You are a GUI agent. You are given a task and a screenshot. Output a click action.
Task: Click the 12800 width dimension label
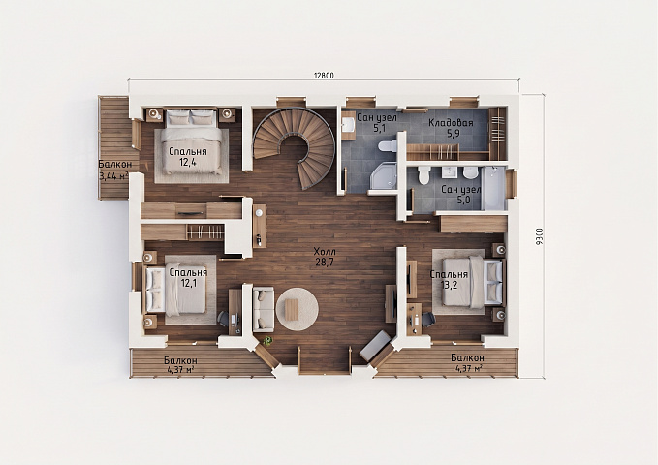[x=324, y=76]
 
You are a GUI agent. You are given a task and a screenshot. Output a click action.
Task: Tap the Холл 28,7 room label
[x=325, y=258]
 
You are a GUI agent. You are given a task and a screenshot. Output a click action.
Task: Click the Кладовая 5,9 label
[x=451, y=128]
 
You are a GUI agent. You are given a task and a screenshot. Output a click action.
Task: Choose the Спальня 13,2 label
[x=449, y=280]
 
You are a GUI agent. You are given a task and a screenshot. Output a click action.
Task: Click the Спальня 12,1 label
[x=188, y=277]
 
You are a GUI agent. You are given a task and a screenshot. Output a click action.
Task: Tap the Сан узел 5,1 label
[x=377, y=122]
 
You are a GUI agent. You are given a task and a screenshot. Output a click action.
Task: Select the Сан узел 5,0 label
[x=460, y=195]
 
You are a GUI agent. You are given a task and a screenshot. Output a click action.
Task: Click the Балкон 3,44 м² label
[x=113, y=170]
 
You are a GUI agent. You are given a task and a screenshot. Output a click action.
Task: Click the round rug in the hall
[x=298, y=309]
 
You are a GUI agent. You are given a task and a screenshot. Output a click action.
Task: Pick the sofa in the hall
[x=264, y=309]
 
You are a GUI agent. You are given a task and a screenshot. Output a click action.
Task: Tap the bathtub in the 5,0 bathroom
[x=494, y=188]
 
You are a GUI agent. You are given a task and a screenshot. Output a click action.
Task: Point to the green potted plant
[x=266, y=341]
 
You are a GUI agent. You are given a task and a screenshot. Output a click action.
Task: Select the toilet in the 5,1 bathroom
[x=389, y=146]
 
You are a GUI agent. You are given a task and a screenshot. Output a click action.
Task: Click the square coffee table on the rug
[x=290, y=309]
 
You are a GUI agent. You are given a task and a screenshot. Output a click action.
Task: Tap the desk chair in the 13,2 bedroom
[x=427, y=320]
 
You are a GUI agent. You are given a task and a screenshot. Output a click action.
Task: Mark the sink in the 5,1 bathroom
[x=348, y=124]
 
